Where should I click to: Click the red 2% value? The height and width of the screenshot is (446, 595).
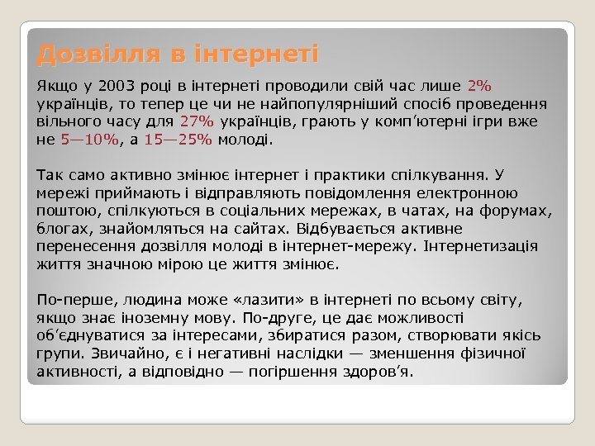click(479, 85)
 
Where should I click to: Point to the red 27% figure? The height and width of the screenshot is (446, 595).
click(196, 121)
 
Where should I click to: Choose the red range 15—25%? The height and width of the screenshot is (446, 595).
click(178, 140)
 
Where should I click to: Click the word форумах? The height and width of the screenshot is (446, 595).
click(516, 211)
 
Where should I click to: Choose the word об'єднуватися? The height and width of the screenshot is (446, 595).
click(92, 335)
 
